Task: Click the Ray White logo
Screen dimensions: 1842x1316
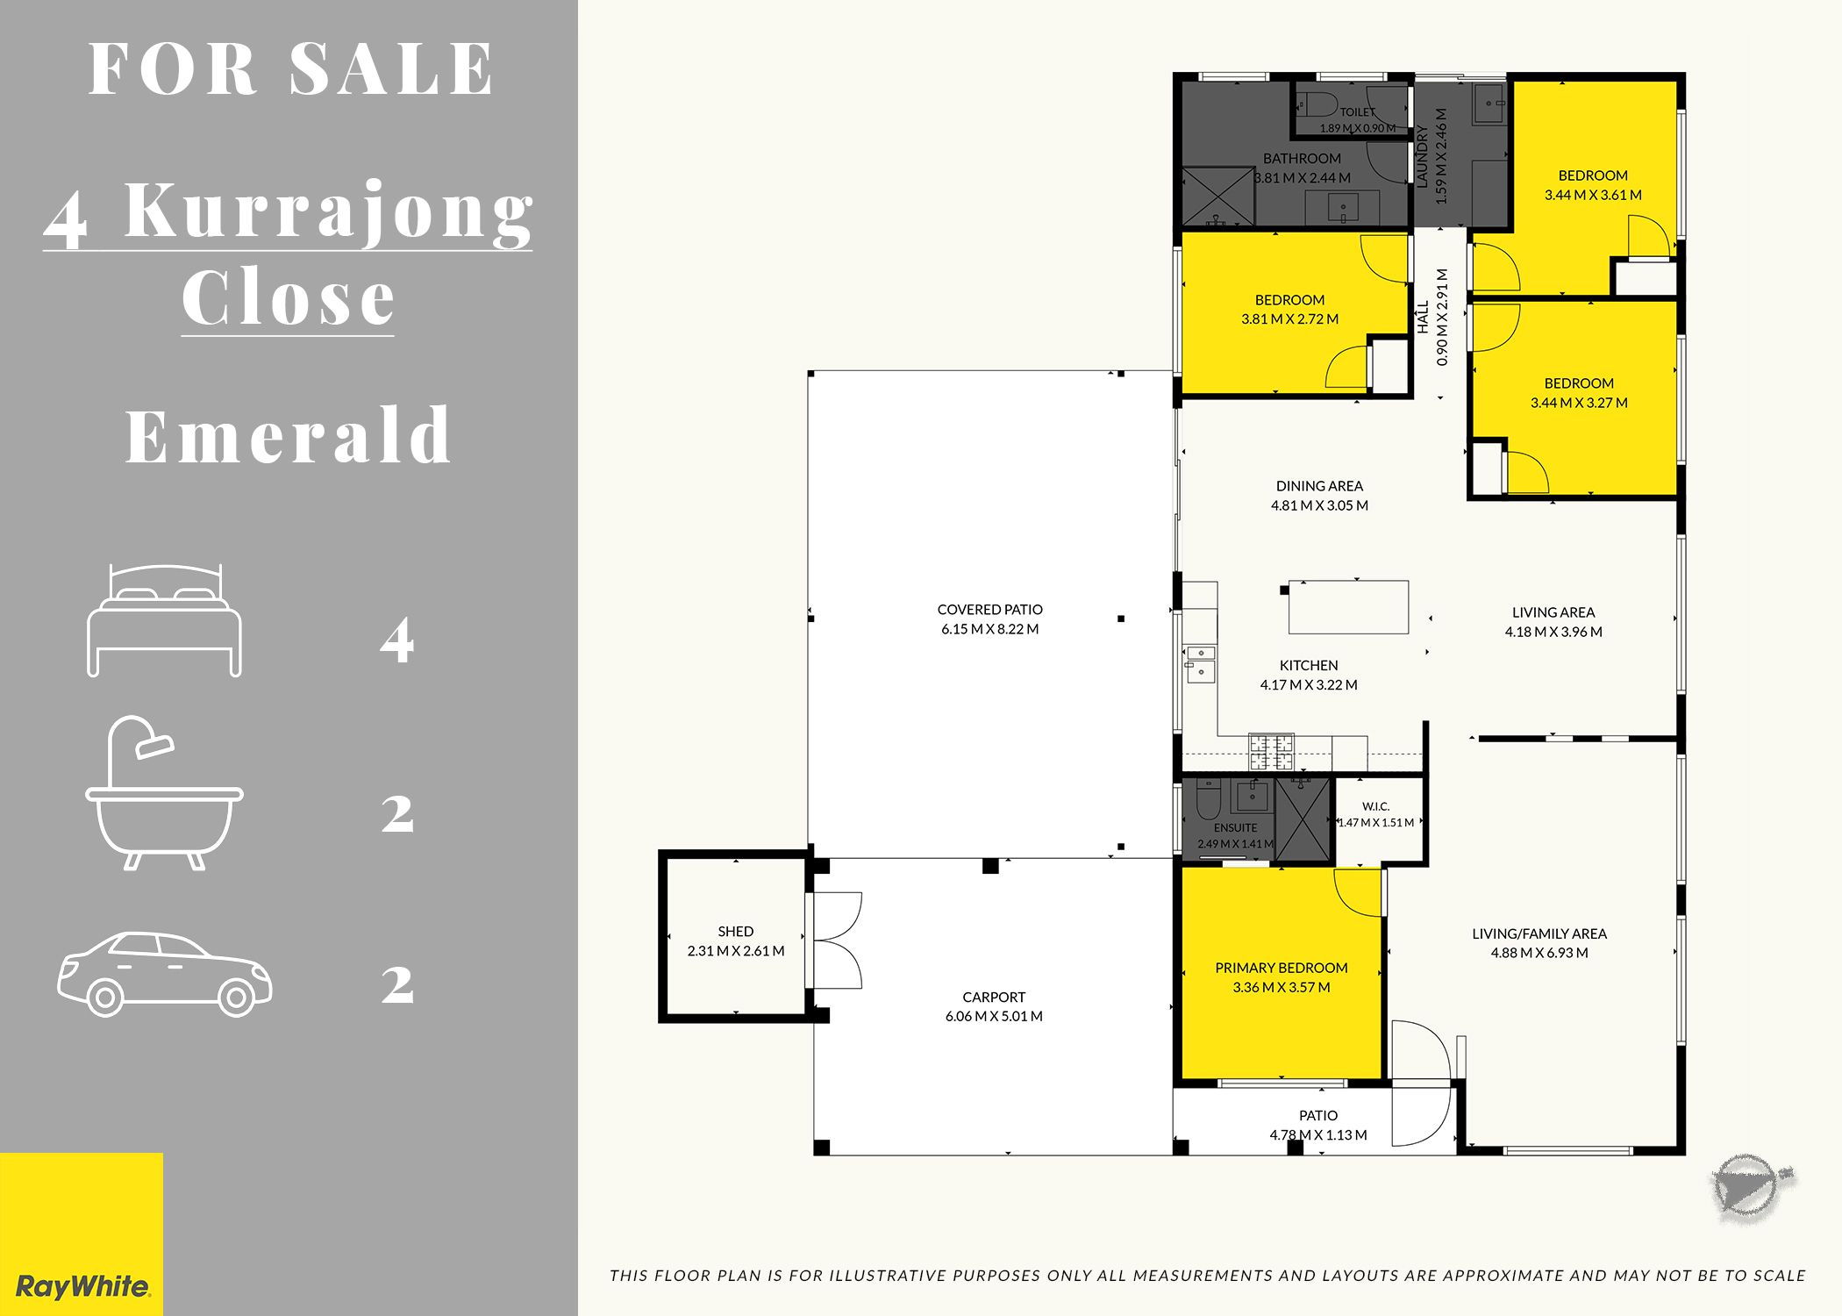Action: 82,1234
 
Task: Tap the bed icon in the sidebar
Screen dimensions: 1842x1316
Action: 164,620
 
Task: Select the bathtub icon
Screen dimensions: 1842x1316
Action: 164,793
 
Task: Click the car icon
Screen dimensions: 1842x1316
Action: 165,975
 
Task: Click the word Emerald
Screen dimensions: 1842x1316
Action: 289,435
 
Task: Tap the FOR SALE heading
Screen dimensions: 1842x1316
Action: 291,68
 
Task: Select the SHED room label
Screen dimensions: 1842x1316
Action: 735,932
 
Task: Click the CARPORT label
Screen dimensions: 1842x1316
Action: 994,998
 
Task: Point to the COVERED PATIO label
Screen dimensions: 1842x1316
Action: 989,610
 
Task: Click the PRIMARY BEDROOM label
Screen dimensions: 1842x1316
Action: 1282,968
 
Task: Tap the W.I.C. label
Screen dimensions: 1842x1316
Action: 1375,806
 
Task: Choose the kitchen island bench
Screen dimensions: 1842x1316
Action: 1348,606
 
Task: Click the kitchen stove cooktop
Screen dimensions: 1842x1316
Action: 1271,752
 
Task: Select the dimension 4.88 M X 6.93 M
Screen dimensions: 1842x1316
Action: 1539,953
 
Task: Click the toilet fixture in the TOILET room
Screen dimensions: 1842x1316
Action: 1317,104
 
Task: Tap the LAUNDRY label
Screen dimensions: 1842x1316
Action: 1422,155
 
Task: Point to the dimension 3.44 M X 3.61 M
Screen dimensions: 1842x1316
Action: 1593,195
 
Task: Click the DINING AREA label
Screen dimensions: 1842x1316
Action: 1319,486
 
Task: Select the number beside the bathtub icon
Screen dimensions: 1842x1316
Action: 397,814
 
